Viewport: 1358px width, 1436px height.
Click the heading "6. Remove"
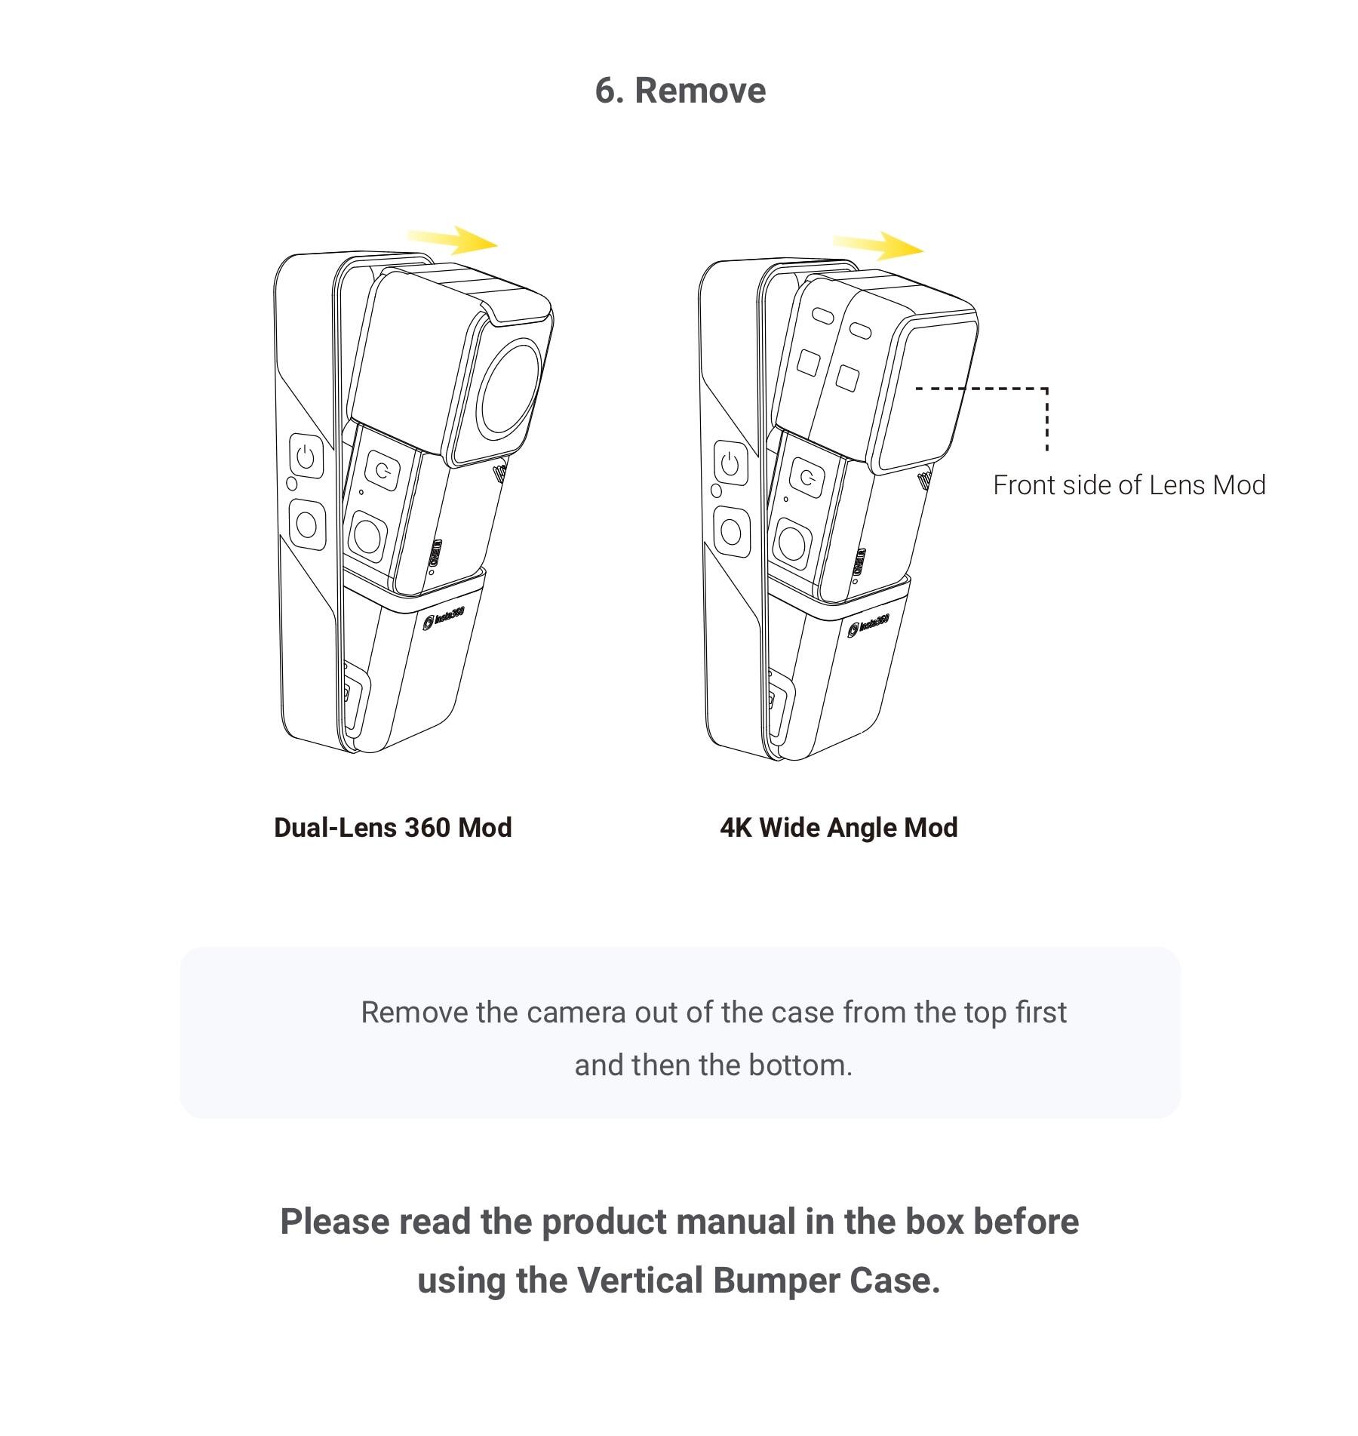point(680,91)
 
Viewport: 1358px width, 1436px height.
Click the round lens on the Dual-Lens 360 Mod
point(512,387)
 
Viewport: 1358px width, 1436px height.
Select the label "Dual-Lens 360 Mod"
point(392,828)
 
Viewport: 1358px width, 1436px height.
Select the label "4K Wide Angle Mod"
point(838,828)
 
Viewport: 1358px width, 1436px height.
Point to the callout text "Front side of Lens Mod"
point(1129,485)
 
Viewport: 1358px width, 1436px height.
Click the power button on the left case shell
point(306,457)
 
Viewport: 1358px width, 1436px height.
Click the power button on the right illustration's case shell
point(730,463)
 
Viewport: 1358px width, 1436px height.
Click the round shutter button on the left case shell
point(306,523)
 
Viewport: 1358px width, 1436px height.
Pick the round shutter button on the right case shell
point(731,530)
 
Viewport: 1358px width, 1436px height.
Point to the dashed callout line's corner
point(1046,389)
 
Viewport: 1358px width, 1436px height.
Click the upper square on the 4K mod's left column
point(808,363)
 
